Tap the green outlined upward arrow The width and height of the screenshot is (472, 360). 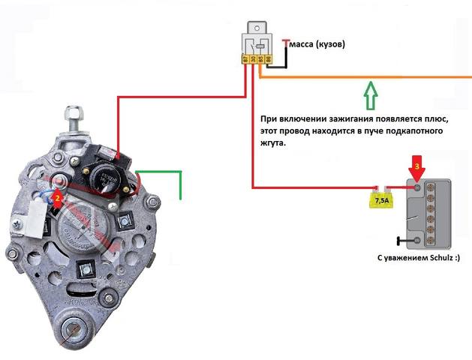click(368, 96)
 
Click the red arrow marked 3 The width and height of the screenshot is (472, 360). click(418, 167)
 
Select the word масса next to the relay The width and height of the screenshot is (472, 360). click(305, 44)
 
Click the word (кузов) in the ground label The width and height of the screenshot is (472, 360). click(331, 44)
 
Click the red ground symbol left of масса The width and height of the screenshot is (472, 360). click(285, 45)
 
